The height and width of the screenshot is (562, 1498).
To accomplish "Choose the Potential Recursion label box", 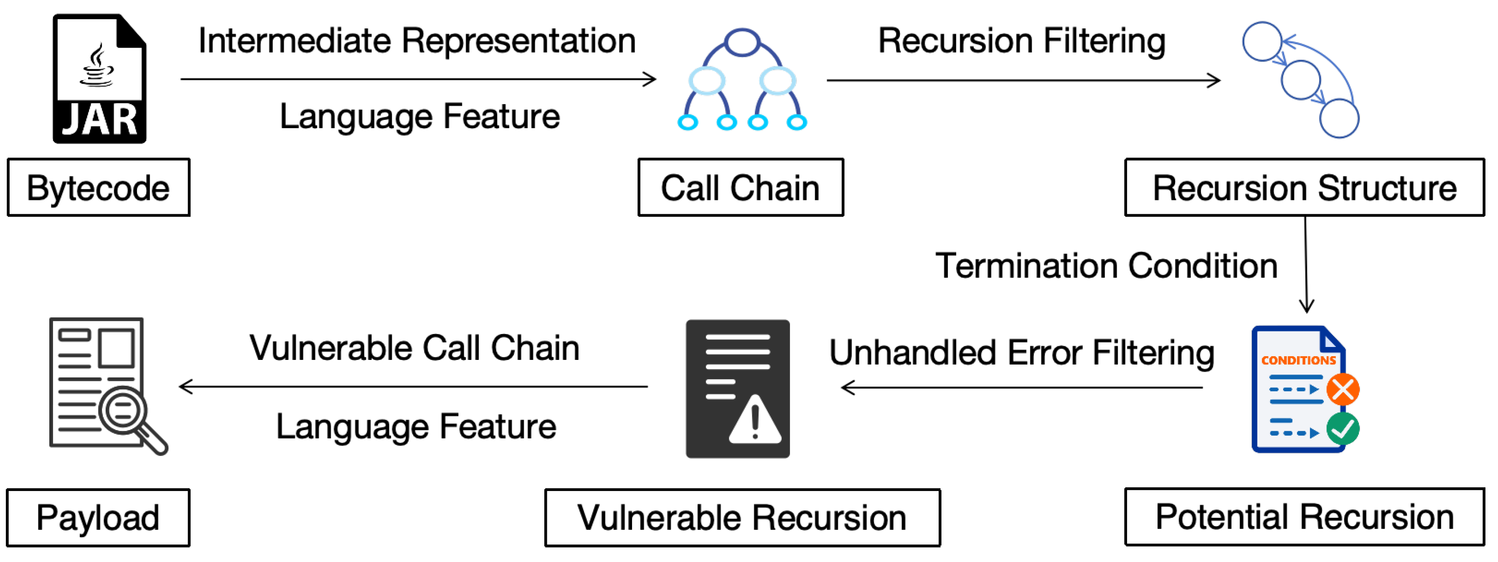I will (x=1304, y=516).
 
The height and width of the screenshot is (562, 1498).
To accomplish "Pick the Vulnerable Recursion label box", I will (x=742, y=518).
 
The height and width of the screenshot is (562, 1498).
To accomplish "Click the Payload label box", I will (x=98, y=518).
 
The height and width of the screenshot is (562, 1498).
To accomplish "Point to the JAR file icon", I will (x=99, y=79).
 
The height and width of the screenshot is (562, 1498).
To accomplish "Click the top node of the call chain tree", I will (x=742, y=43).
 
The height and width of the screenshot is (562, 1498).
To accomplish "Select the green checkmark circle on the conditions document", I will (x=1343, y=429).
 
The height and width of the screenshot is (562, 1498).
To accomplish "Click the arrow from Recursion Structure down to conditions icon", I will (x=1306, y=264).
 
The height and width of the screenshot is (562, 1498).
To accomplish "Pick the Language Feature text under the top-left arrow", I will (x=419, y=116).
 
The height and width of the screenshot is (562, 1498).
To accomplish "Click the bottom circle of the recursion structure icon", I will (x=1339, y=119).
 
